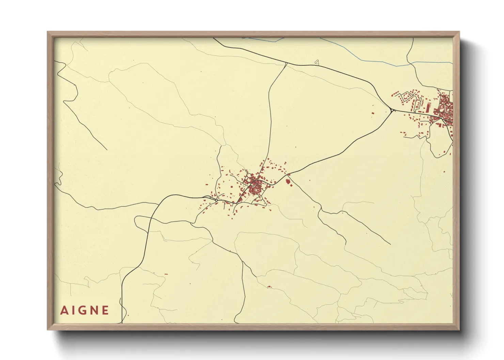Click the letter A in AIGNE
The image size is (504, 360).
[x=63, y=310]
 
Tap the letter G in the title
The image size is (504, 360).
[x=84, y=310]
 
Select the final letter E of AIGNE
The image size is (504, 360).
[x=105, y=310]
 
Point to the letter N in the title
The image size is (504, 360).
[x=95, y=310]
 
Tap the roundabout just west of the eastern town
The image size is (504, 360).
[x=392, y=110]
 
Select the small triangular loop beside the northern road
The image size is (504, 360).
[x=317, y=62]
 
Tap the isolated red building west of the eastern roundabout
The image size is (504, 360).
[x=373, y=113]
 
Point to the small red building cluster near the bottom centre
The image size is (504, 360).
[x=269, y=287]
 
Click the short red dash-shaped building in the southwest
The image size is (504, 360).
[x=166, y=274]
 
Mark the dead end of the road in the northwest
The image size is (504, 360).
[x=107, y=150]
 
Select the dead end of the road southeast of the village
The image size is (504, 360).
[x=390, y=244]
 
